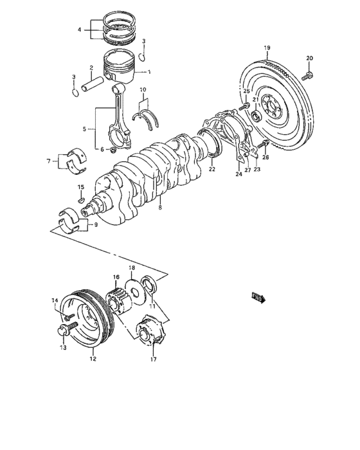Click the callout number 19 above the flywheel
pyautogui.click(x=267, y=48)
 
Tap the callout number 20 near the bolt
pyautogui.click(x=309, y=59)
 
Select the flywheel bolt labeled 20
pyautogui.click(x=308, y=76)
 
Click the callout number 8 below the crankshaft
pyautogui.click(x=160, y=207)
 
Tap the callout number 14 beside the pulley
pyautogui.click(x=55, y=300)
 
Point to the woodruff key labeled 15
pyautogui.click(x=80, y=200)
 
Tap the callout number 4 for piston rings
pyautogui.click(x=80, y=30)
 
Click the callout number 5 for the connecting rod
pyautogui.click(x=84, y=129)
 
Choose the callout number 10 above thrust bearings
pyautogui.click(x=142, y=89)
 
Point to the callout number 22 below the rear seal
pyautogui.click(x=211, y=169)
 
